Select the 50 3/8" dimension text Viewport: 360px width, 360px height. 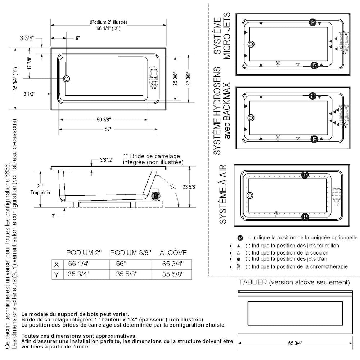[103, 120]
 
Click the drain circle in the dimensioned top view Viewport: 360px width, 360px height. [67, 79]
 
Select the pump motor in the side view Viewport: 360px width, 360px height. [155, 195]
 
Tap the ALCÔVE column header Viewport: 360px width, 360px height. [173, 252]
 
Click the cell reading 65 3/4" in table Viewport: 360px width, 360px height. [173, 264]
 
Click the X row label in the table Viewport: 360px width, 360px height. [56, 264]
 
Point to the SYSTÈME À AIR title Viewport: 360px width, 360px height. [223, 194]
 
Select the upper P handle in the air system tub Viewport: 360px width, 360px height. [305, 175]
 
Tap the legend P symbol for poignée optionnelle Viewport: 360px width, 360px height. [240, 238]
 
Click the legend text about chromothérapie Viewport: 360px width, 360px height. [299, 267]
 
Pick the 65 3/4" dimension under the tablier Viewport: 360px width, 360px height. [295, 343]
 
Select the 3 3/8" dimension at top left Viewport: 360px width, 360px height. [27, 38]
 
